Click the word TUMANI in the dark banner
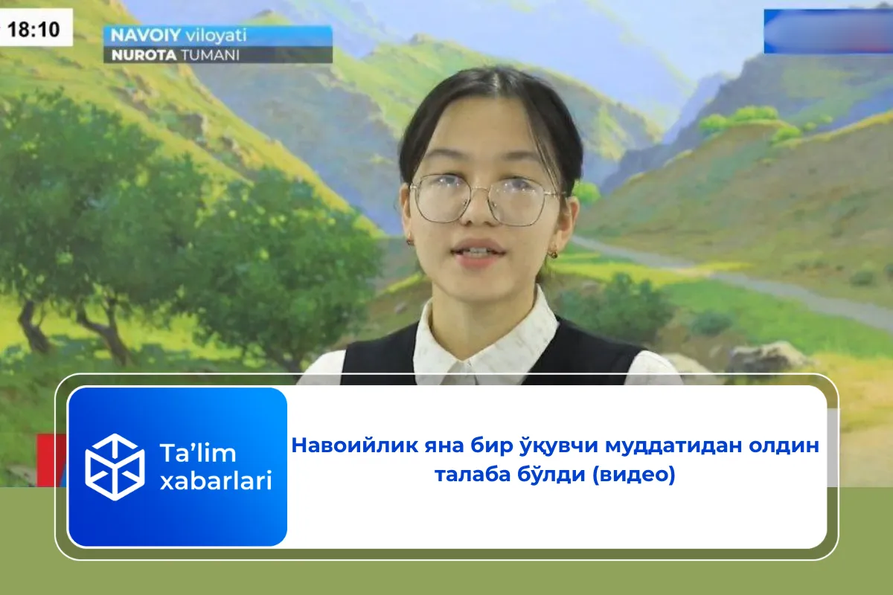coord(208,54)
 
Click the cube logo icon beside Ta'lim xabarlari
coord(115,466)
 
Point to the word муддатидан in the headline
coord(665,446)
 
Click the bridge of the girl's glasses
coord(487,194)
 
